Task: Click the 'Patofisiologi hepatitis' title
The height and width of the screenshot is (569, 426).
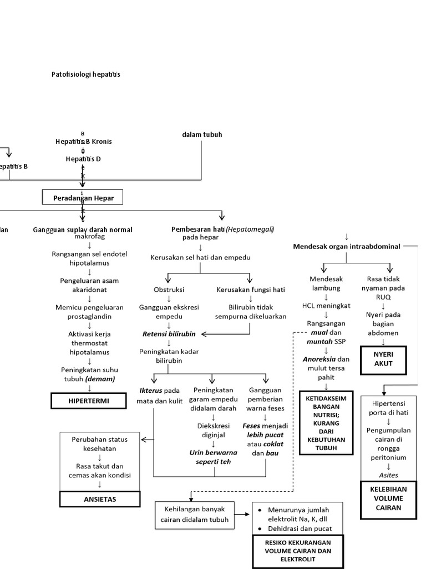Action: click(x=85, y=74)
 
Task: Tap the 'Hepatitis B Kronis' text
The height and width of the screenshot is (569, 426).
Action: click(x=83, y=142)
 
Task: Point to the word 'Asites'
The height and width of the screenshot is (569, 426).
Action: click(x=388, y=475)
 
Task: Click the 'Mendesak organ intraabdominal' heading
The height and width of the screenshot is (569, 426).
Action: click(x=347, y=246)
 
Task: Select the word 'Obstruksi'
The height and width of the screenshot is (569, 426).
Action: click(x=169, y=290)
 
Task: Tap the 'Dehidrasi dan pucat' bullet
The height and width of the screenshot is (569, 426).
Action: click(x=301, y=528)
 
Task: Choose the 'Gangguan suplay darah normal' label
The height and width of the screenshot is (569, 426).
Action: click(x=83, y=229)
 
